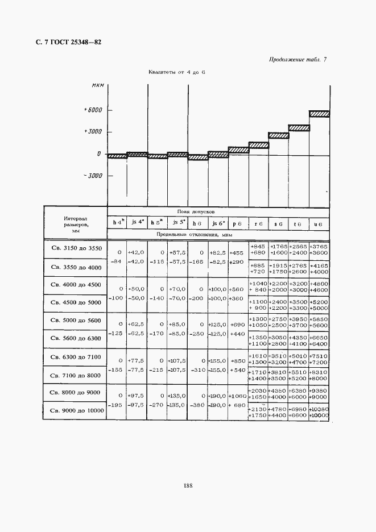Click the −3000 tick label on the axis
(92, 176)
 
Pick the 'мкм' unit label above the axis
(98, 85)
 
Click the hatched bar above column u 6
(319, 114)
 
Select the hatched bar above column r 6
(258, 145)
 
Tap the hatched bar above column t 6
(299, 128)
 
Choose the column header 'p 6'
(238, 224)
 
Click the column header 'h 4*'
(117, 223)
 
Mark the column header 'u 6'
(319, 224)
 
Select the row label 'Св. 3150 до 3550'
(76, 248)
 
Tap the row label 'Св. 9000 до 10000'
(76, 410)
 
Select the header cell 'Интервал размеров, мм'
(76, 224)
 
